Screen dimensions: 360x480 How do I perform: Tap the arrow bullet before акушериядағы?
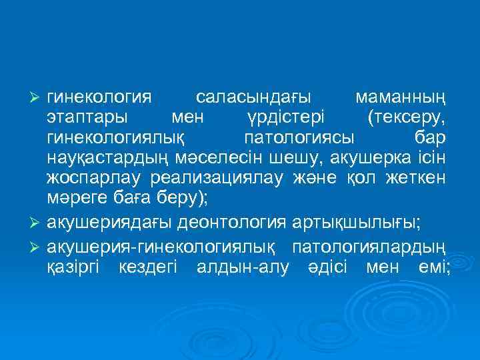[38, 221]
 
